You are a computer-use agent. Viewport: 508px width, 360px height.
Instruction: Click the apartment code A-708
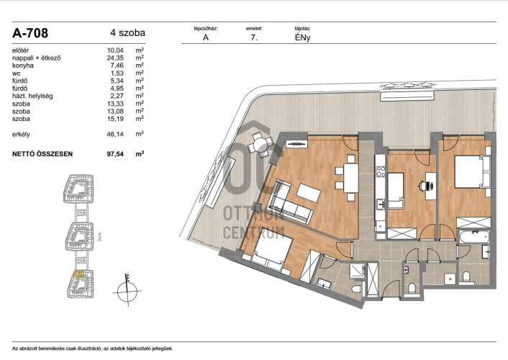point(30,33)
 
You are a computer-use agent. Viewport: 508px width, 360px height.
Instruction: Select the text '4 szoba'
point(127,32)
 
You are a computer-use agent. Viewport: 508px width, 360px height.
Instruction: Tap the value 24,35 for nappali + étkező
point(115,58)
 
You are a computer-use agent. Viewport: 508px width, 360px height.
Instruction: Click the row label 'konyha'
point(23,66)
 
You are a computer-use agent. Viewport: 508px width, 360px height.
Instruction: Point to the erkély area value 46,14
point(115,134)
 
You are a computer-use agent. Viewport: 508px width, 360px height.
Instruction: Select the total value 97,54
point(115,154)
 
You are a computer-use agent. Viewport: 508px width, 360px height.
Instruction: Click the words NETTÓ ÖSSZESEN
point(42,154)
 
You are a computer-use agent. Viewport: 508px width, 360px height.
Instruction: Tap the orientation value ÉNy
point(303,37)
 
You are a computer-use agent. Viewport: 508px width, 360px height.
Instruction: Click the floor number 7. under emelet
point(254,37)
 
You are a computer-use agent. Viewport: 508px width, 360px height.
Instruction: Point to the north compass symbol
point(127,290)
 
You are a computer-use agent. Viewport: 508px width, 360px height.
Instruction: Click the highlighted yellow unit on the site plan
point(78,274)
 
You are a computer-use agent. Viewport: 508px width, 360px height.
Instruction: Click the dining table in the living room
point(351,178)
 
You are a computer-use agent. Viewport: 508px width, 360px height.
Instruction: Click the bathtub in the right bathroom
point(474,237)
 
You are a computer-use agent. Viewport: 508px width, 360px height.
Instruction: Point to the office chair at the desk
point(426,186)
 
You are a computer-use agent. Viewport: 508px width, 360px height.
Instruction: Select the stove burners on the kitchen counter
point(381,171)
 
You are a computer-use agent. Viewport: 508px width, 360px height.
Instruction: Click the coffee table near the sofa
point(309,193)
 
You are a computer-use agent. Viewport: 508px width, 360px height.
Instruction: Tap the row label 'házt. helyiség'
point(32,96)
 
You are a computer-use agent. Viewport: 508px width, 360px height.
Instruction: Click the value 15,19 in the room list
point(115,119)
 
